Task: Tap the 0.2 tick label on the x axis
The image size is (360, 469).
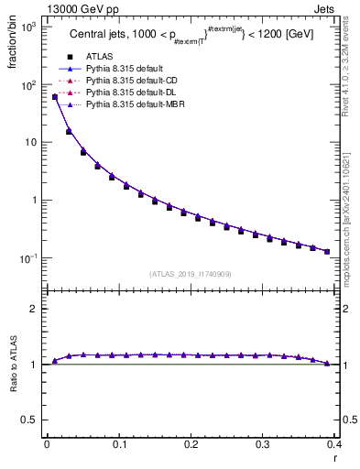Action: (191, 443)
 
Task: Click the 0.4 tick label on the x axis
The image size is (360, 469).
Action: (334, 443)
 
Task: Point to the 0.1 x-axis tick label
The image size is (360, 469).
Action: (119, 443)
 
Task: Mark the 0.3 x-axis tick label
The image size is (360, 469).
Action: (263, 443)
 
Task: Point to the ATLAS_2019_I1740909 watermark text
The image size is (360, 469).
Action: (191, 274)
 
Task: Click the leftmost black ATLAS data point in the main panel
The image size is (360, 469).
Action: (54, 97)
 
